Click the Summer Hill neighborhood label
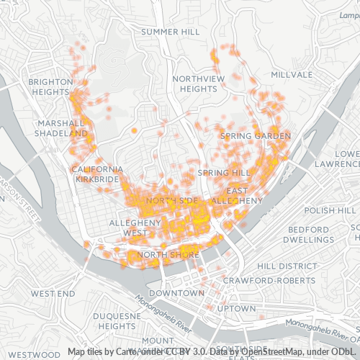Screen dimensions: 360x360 click(x=171, y=32)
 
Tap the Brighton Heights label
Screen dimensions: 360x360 click(x=50, y=87)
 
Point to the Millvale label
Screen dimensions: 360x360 click(x=292, y=75)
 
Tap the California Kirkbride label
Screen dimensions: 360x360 click(x=97, y=174)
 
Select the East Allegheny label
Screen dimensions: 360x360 click(x=232, y=194)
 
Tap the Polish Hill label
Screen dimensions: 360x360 click(x=330, y=210)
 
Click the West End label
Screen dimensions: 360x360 click(x=53, y=294)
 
